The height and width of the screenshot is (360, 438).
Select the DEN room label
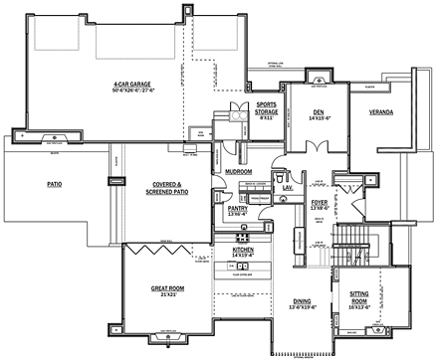click(318, 112)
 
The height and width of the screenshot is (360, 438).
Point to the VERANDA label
click(380, 112)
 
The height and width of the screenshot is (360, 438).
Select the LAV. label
click(287, 186)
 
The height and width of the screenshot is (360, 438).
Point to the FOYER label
click(319, 203)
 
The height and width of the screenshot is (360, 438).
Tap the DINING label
click(302, 302)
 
